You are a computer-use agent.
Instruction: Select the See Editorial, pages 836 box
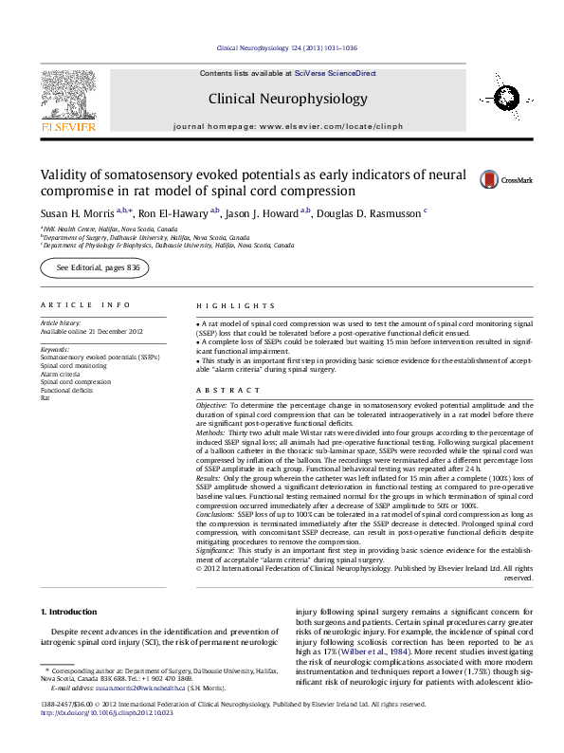click(98, 269)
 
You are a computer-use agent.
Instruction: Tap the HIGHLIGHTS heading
click(224, 304)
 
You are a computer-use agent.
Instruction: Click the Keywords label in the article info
click(55, 349)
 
